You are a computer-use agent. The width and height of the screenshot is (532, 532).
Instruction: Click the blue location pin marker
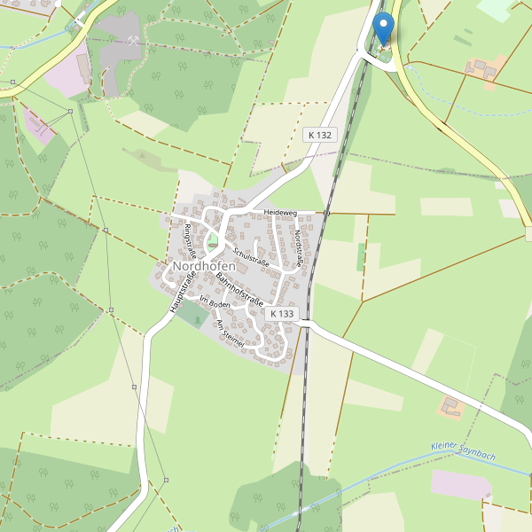click(x=383, y=29)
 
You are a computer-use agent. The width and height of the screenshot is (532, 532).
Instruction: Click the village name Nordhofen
click(x=205, y=267)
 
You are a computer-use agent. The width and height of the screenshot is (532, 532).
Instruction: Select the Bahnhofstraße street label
click(x=239, y=291)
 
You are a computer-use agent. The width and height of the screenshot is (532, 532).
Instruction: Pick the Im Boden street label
click(x=215, y=303)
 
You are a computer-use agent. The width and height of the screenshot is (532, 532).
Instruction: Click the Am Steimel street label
click(x=230, y=332)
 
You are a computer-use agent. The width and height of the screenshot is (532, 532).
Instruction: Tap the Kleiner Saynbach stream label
click(x=462, y=450)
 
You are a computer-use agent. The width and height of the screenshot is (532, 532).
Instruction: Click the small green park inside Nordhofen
click(x=212, y=239)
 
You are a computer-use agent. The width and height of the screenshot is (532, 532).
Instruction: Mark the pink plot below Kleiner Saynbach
click(x=460, y=484)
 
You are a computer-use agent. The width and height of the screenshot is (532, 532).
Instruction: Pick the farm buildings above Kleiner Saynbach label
click(x=452, y=407)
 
